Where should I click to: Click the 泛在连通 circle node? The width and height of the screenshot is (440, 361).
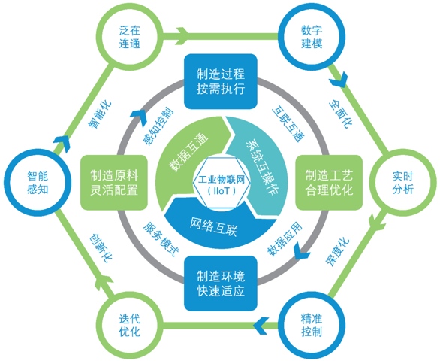[129, 37]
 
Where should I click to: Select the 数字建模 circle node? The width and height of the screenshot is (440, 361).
[312, 37]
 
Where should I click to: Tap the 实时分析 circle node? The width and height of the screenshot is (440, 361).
[402, 183]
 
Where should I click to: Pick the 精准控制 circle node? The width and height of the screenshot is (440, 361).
[312, 326]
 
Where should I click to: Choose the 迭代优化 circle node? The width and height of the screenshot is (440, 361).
[129, 326]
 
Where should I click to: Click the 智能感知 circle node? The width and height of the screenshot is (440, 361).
[38, 183]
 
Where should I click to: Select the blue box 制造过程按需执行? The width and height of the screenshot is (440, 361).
[221, 81]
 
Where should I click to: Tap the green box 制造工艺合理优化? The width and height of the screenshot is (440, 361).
[329, 183]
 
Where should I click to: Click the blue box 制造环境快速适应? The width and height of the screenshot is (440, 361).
[221, 284]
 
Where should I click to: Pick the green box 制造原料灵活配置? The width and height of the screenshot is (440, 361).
[114, 183]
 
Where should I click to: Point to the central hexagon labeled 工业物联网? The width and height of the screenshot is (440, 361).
[222, 184]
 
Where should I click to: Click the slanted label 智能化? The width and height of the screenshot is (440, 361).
[100, 115]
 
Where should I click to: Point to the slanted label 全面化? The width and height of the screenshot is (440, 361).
[341, 113]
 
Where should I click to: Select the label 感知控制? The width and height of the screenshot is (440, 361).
[158, 126]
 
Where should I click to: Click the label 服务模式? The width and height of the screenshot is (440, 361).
[161, 240]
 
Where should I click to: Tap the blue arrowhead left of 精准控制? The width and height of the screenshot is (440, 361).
[261, 326]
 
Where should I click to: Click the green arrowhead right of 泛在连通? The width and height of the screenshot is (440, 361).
[182, 36]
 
